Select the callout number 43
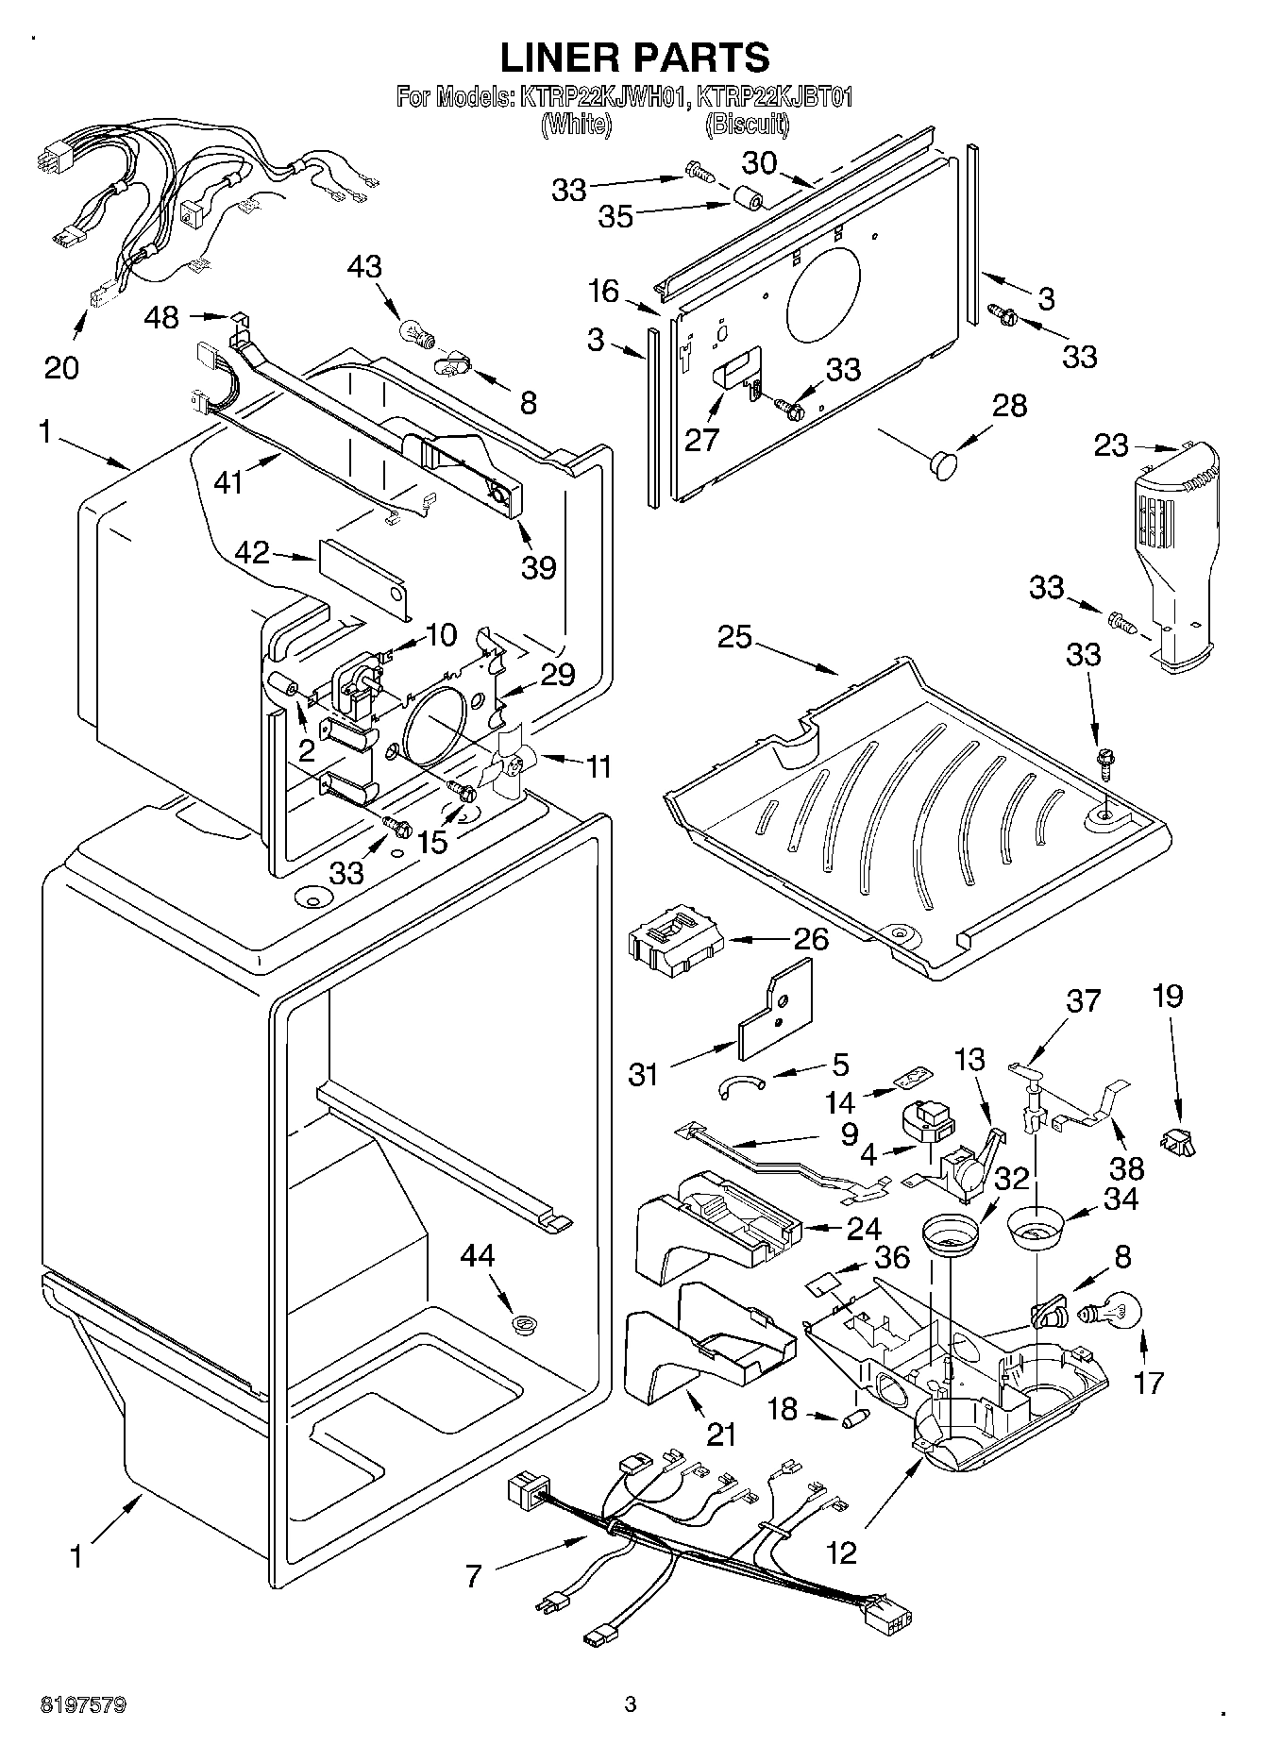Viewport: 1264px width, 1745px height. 364,266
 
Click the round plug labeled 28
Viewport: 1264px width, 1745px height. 942,462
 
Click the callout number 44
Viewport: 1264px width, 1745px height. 478,1256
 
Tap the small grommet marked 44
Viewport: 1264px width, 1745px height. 521,1325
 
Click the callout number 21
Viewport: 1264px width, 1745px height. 721,1435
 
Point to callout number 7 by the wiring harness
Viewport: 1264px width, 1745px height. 474,1574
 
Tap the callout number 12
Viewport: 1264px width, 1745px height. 841,1552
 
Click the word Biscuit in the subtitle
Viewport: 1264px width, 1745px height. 749,124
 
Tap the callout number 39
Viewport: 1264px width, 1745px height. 539,567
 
